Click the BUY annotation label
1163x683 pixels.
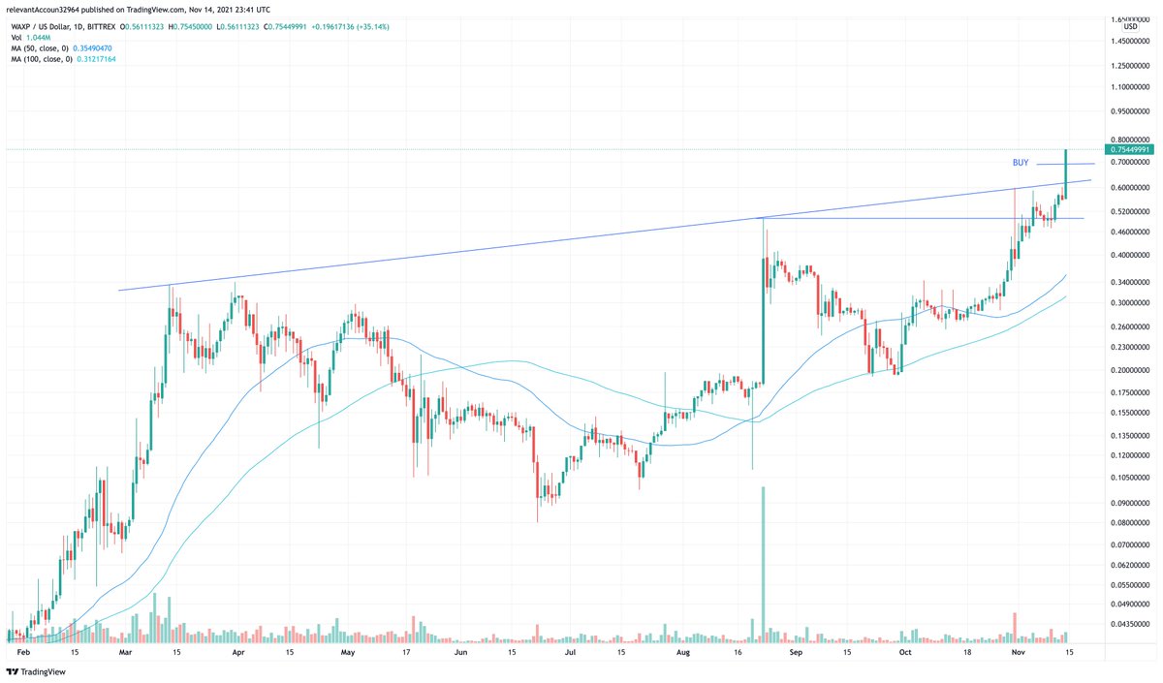(1021, 163)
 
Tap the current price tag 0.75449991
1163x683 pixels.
(1130, 150)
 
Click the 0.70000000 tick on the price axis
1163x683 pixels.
(1130, 162)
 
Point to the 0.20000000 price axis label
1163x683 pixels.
(1130, 370)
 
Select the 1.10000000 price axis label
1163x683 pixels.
(1130, 87)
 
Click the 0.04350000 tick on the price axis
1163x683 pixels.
(1130, 624)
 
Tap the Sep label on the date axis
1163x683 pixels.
(796, 652)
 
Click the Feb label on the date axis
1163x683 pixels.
(23, 652)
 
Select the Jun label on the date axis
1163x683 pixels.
(460, 652)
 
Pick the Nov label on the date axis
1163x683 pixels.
(1019, 652)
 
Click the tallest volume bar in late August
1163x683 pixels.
(764, 565)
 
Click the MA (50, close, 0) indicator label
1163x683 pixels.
(40, 48)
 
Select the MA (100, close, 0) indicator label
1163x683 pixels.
(42, 59)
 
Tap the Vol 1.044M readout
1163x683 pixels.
(31, 38)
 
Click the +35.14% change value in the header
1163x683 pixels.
(374, 26)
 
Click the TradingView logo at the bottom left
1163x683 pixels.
(36, 672)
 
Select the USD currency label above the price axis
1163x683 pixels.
(1131, 26)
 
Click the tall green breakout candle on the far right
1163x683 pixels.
(1065, 173)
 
